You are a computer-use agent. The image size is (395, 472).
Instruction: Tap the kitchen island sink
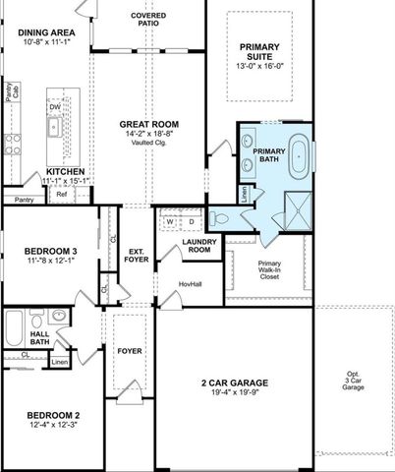[55, 127]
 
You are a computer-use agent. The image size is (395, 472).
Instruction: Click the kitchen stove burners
[12, 145]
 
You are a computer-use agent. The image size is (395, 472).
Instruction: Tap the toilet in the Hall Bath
[36, 320]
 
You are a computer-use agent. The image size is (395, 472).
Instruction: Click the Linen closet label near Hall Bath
[60, 362]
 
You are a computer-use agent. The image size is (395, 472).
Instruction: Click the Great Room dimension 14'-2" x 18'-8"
[147, 134]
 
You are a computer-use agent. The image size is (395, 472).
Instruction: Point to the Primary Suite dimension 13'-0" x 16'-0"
[259, 67]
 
